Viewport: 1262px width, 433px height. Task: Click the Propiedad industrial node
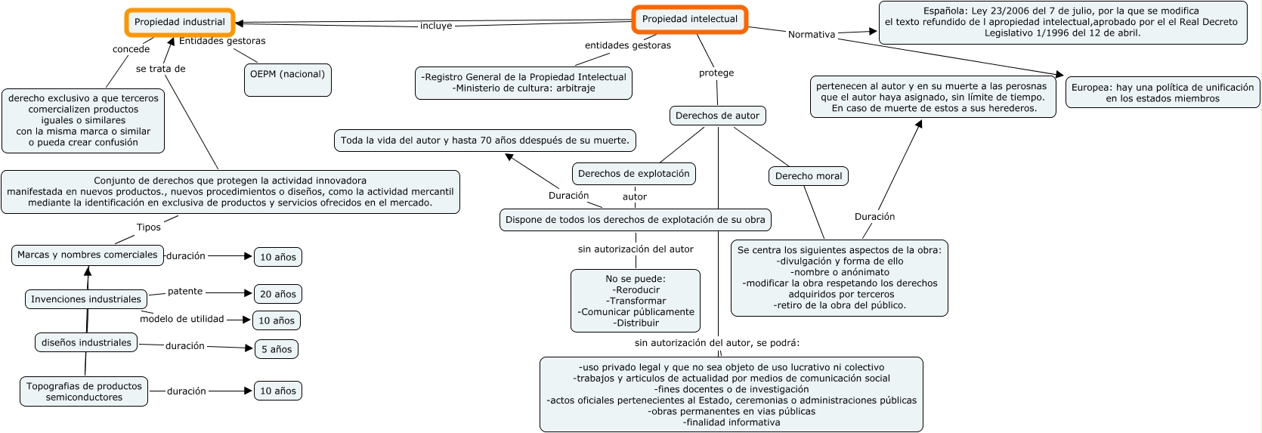coord(180,22)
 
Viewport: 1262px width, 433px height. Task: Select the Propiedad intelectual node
coord(689,19)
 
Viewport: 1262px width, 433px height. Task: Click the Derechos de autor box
coord(717,116)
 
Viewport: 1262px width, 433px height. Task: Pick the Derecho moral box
coord(808,176)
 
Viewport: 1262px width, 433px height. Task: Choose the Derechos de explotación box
coord(633,174)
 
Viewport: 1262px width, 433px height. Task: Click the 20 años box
coord(277,294)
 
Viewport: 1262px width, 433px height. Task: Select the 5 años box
coord(276,349)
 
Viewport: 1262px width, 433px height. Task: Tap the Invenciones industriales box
coord(86,299)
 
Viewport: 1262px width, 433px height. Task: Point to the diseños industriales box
coord(86,342)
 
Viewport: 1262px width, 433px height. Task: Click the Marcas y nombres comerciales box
coord(88,255)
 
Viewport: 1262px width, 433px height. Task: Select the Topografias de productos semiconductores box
coord(84,391)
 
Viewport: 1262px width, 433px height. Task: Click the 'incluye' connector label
coord(436,26)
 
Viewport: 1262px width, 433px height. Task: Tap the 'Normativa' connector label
coord(811,35)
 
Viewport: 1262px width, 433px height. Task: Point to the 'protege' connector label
coord(716,73)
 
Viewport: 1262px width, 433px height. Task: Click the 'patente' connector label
coord(185,292)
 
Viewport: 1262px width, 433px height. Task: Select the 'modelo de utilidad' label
coord(181,319)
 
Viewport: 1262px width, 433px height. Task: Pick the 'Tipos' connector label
coord(149,227)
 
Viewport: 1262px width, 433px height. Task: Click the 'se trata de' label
coord(160,69)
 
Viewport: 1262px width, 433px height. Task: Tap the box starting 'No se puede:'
coord(635,301)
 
